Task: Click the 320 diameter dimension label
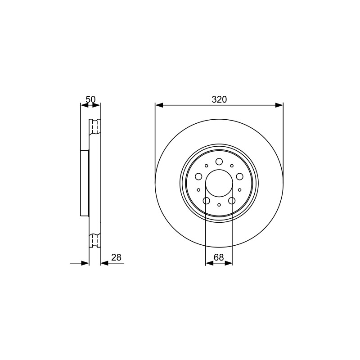219,99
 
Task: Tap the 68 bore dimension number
219,257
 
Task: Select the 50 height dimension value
90,99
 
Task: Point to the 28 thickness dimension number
116,257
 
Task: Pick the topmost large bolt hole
219,162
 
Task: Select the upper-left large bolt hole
198,176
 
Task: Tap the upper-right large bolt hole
240,176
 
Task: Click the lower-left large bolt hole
207,201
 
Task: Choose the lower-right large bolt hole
232,201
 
